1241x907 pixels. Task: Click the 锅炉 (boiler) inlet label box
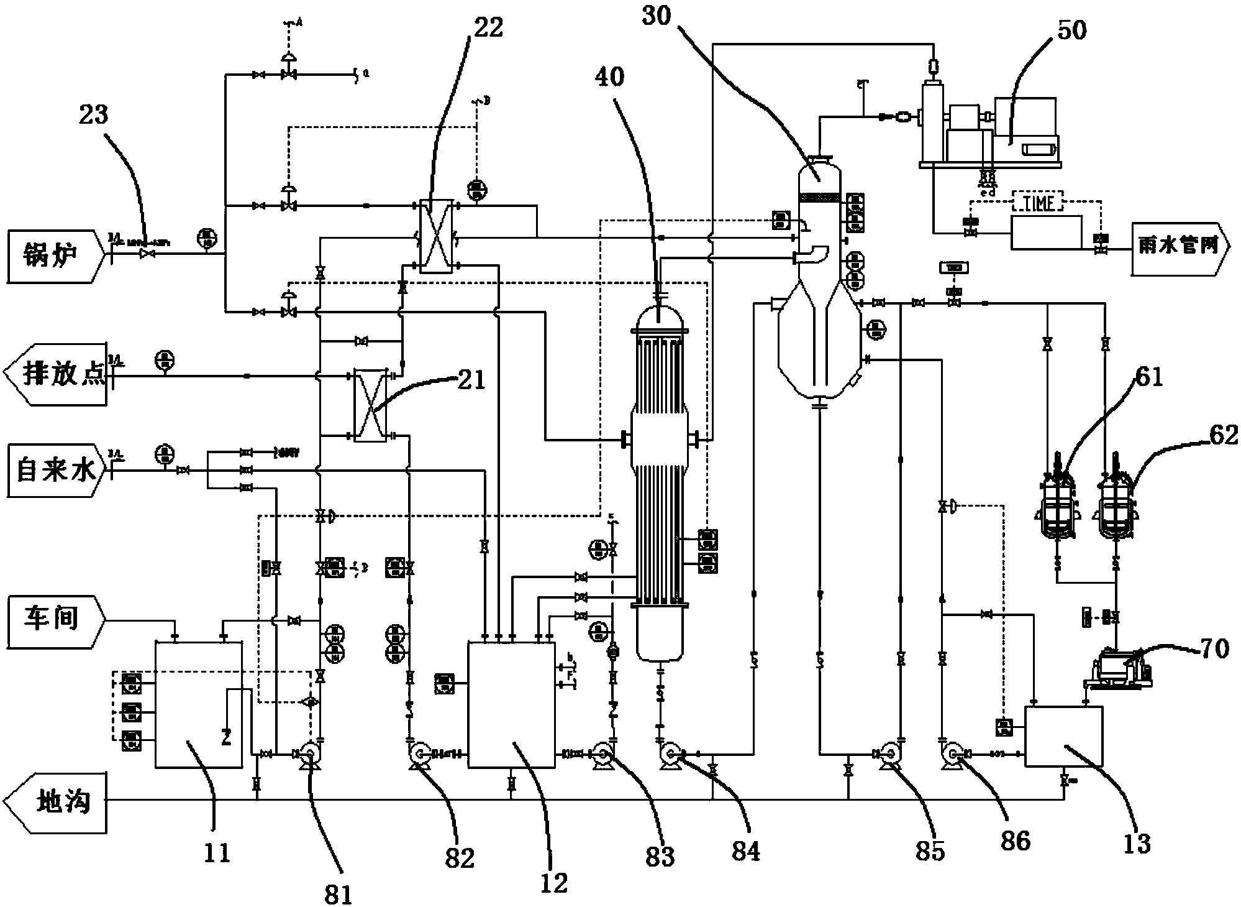(53, 256)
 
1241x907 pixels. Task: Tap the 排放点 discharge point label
(59, 376)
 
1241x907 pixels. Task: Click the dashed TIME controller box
(1038, 203)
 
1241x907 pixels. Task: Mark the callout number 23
(91, 116)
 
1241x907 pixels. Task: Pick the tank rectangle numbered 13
(1063, 736)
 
